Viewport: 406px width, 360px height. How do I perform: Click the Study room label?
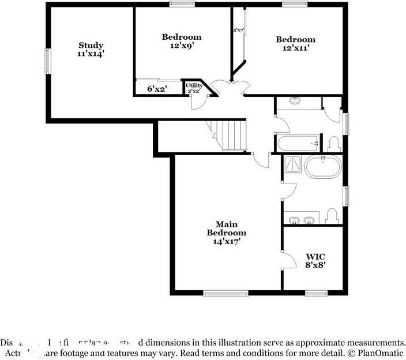click(91, 45)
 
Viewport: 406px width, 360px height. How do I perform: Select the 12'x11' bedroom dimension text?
click(295, 48)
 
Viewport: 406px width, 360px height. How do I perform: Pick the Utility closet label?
click(194, 86)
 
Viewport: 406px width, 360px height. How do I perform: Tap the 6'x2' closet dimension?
click(157, 89)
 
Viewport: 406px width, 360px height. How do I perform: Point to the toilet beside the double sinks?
click(331, 216)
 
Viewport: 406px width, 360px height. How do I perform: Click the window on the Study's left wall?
click(48, 61)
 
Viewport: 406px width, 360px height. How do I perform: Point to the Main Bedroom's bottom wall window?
click(225, 293)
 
